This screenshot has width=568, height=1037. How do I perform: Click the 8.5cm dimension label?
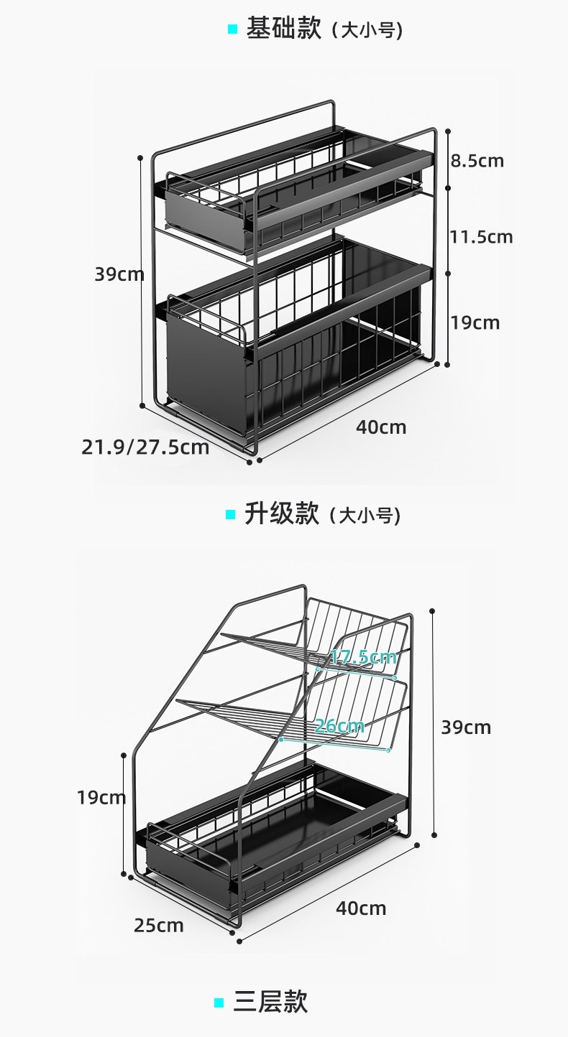477,161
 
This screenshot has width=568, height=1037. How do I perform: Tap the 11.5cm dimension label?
482,236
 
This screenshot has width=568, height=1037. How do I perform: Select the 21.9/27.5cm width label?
145,447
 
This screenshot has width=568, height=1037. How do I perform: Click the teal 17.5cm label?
363,656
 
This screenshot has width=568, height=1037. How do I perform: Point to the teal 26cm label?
339,725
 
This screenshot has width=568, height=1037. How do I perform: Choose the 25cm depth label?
158,925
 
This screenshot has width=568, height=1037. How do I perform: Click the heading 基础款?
283,29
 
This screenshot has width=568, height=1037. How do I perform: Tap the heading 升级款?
281,513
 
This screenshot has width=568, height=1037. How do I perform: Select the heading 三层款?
270,1001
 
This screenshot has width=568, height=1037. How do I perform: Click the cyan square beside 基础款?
232,29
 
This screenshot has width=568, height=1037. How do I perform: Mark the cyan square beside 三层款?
219,1003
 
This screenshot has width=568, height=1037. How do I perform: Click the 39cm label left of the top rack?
119,274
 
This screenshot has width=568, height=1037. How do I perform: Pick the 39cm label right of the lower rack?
466,727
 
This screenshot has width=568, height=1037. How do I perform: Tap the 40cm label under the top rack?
381,427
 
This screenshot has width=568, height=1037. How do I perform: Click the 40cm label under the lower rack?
361,908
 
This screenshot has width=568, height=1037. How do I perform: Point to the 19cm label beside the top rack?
475,322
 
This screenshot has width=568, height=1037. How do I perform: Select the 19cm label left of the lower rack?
101,797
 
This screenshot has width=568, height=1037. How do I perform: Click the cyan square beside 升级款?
230,514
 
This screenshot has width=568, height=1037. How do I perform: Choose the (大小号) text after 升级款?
365,515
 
